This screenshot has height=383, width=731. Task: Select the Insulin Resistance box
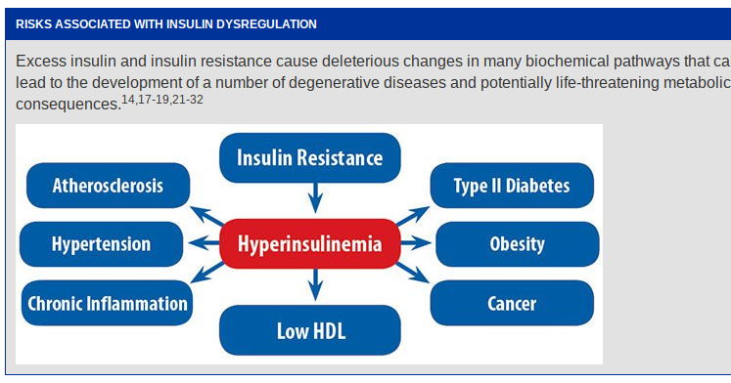click(x=309, y=156)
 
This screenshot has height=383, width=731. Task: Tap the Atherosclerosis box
click(x=108, y=186)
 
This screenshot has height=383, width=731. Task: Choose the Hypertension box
click(x=101, y=244)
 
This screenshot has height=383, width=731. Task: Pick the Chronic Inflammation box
click(x=108, y=303)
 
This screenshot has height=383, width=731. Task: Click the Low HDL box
click(x=311, y=330)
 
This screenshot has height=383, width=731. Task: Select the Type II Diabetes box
click(x=511, y=186)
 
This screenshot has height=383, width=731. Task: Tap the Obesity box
click(x=517, y=244)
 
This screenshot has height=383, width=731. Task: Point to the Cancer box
click(x=512, y=303)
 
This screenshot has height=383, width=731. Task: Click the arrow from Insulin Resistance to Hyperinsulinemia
click(x=313, y=198)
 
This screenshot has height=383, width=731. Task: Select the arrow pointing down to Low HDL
click(x=313, y=286)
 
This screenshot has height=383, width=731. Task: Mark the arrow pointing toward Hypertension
click(x=203, y=244)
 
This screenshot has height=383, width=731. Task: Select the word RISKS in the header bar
click(x=35, y=22)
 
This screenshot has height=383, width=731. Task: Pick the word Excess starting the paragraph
click(x=40, y=61)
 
